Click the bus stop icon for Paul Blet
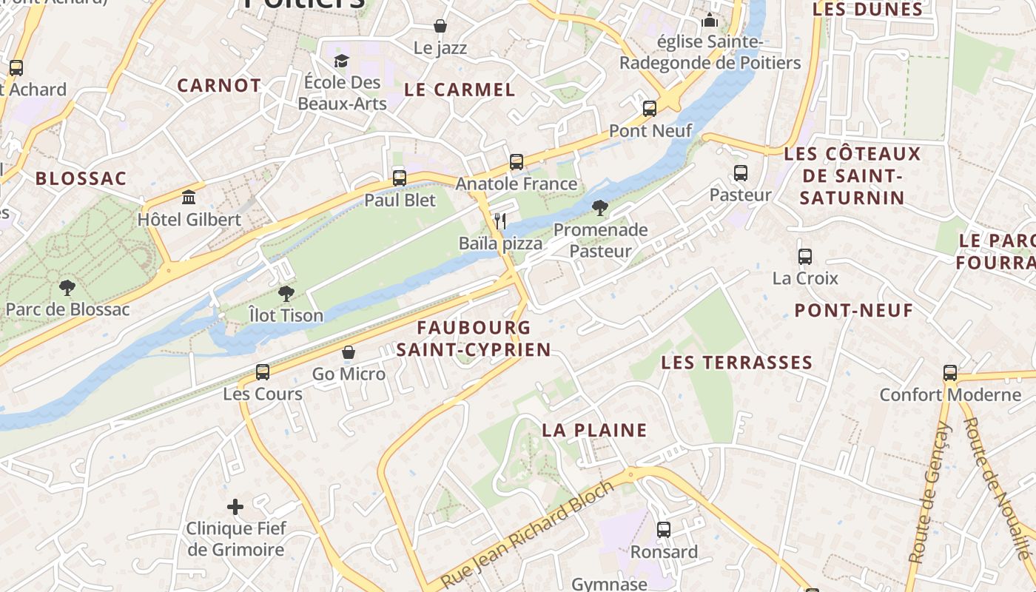pyautogui.click(x=400, y=178)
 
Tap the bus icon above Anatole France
pyautogui.click(x=517, y=161)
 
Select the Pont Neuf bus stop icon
pyautogui.click(x=650, y=108)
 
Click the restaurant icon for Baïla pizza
pyautogui.click(x=500, y=221)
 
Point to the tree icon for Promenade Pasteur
pyautogui.click(x=600, y=207)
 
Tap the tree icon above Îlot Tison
pyautogui.click(x=286, y=293)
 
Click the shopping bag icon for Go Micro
pyautogui.click(x=349, y=352)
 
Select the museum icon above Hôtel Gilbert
pyautogui.click(x=189, y=198)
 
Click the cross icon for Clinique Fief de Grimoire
pyautogui.click(x=235, y=507)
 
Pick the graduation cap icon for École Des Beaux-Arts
pyautogui.click(x=341, y=60)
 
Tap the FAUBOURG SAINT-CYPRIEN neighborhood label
pyautogui.click(x=474, y=338)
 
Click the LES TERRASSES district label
pyautogui.click(x=736, y=363)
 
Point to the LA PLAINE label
pyautogui.click(x=594, y=430)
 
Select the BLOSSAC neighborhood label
pyautogui.click(x=81, y=178)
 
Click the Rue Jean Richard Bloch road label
pyautogui.click(x=528, y=533)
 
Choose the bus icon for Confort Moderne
pyautogui.click(x=950, y=373)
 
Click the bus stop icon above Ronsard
pyautogui.click(x=664, y=530)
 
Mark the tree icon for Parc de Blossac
pyautogui.click(x=67, y=287)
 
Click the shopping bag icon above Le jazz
pyautogui.click(x=440, y=27)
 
